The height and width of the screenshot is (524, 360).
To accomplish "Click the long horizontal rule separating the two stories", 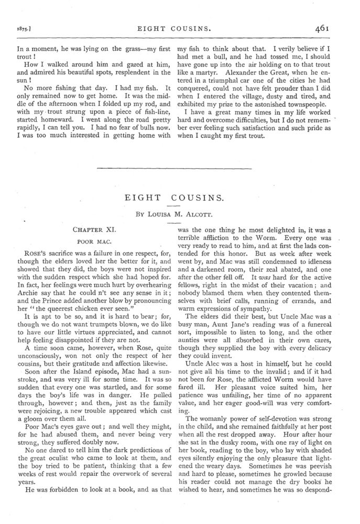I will pyautogui.click(x=180, y=168).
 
